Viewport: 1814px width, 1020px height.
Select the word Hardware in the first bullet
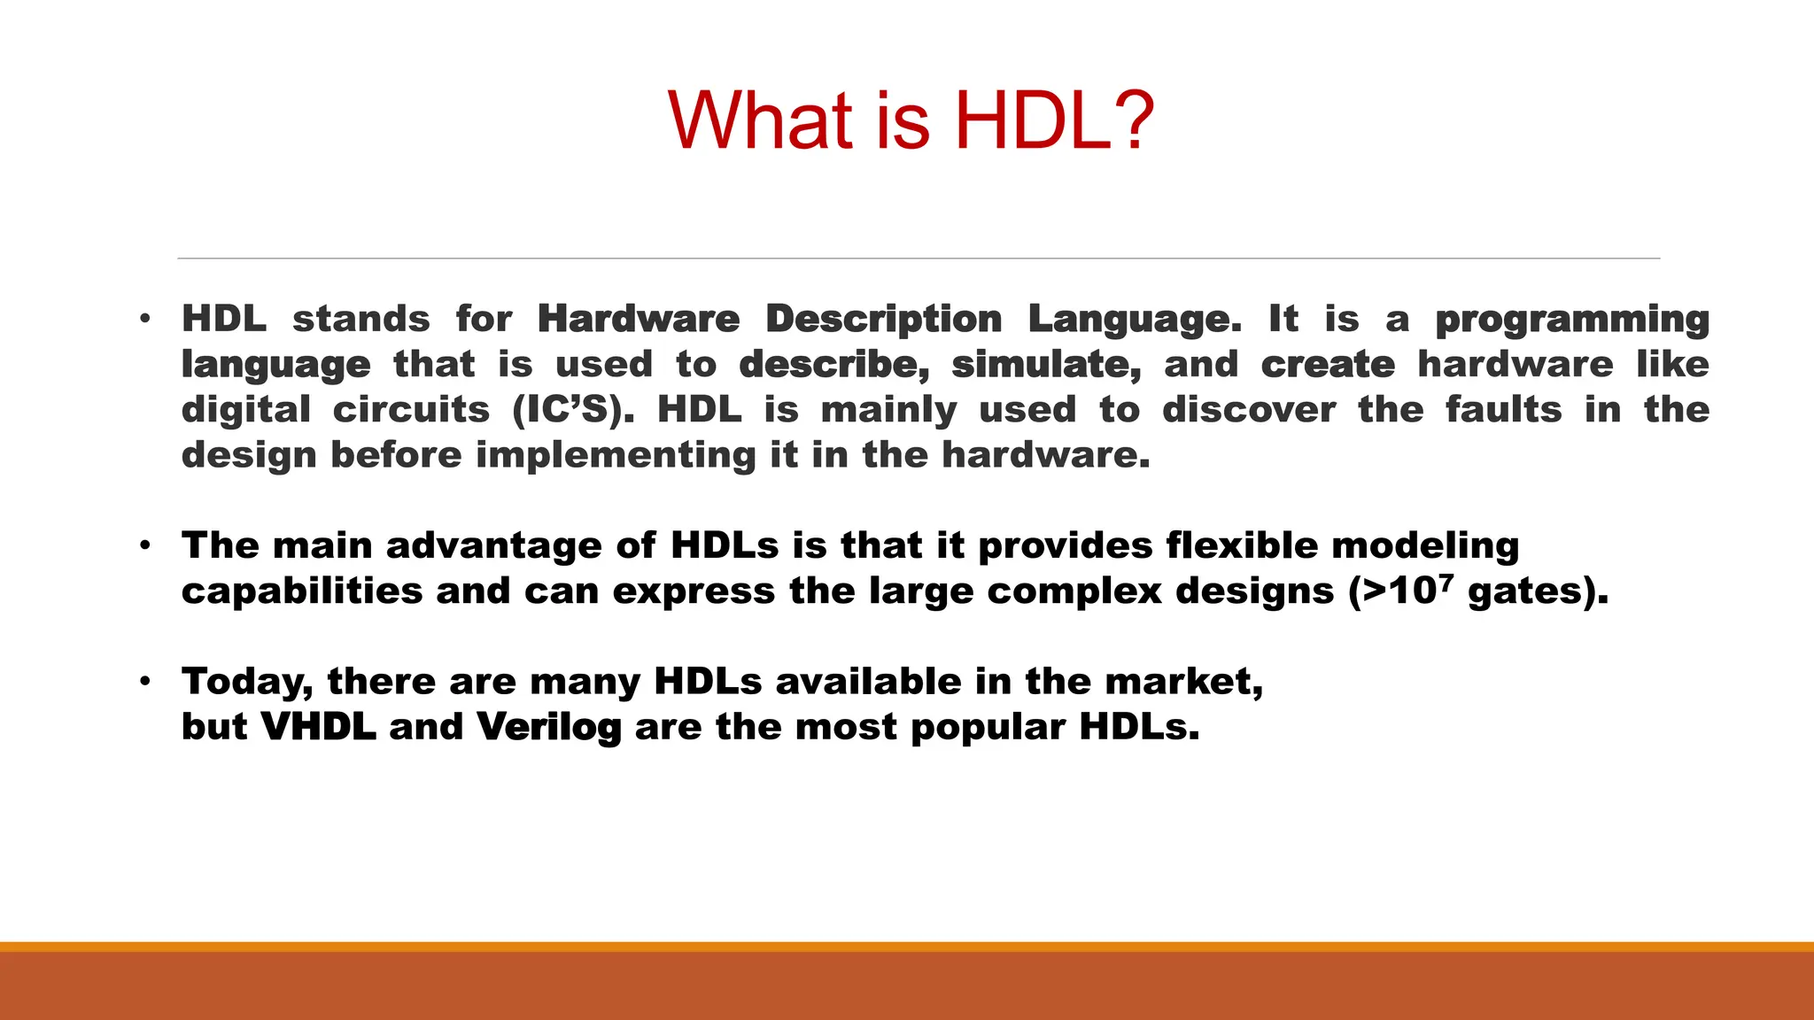coord(638,319)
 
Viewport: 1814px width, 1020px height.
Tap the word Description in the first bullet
coord(883,319)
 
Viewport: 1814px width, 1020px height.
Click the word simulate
coord(1046,365)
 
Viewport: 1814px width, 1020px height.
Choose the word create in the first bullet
coord(1328,365)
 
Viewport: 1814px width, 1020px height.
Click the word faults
coord(1503,410)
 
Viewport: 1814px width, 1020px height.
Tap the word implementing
coord(616,456)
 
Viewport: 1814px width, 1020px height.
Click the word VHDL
coord(318,727)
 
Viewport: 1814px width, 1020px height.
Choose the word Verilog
coord(548,728)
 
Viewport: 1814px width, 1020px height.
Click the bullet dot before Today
coord(145,682)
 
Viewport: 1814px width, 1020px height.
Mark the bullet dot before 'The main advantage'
coord(145,545)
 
